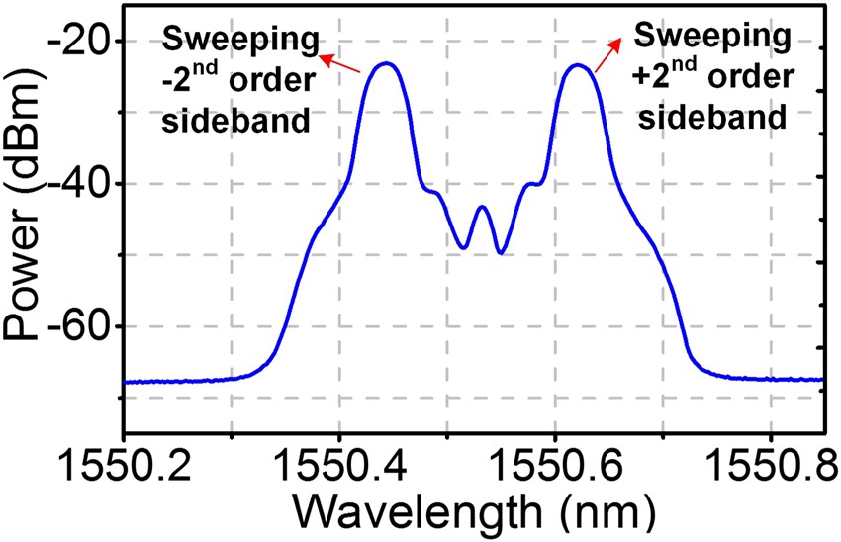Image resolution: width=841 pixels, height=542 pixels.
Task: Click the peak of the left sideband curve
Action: [x=386, y=63]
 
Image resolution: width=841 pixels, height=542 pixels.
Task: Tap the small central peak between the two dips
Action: [x=482, y=207]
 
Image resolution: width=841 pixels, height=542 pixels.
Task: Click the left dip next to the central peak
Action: [x=464, y=247]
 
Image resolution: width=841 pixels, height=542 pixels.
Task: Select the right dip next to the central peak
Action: [x=502, y=253]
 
